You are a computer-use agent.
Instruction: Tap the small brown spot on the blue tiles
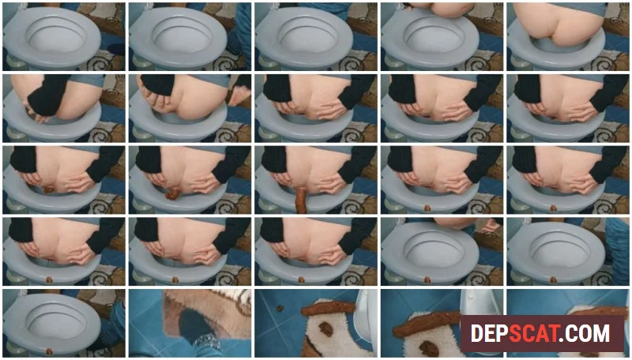pyautogui.click(x=279, y=309)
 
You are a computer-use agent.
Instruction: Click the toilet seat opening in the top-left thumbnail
pyautogui.click(x=56, y=36)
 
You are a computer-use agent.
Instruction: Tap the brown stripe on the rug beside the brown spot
pyautogui.click(x=328, y=308)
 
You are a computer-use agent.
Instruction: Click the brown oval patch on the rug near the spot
pyautogui.click(x=325, y=328)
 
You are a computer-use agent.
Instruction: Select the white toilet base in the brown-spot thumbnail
pyautogui.click(x=365, y=318)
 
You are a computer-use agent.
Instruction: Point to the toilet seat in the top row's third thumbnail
pyautogui.click(x=303, y=38)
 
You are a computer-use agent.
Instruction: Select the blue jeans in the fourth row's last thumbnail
pyautogui.click(x=618, y=249)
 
